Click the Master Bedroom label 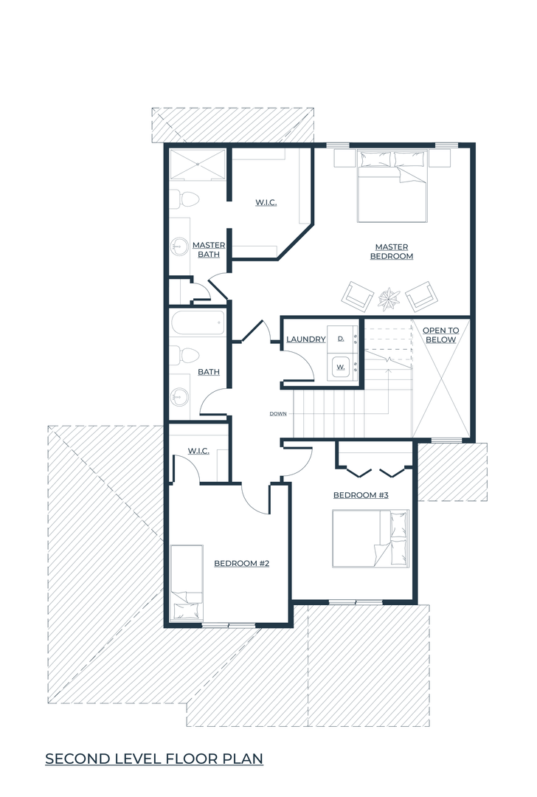(x=391, y=252)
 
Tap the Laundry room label (x=306, y=339)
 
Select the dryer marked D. (x=341, y=337)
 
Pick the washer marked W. (x=341, y=366)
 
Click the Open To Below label (x=440, y=335)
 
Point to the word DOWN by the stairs (x=278, y=414)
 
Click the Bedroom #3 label (x=361, y=495)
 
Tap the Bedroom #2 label (x=241, y=563)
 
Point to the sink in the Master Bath (x=178, y=247)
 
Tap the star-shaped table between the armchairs (x=389, y=298)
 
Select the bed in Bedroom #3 (x=370, y=538)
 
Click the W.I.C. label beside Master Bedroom (x=266, y=203)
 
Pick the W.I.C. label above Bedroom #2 (x=198, y=451)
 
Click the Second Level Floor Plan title (x=154, y=759)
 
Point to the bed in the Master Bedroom (x=391, y=186)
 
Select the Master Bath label (x=208, y=249)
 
